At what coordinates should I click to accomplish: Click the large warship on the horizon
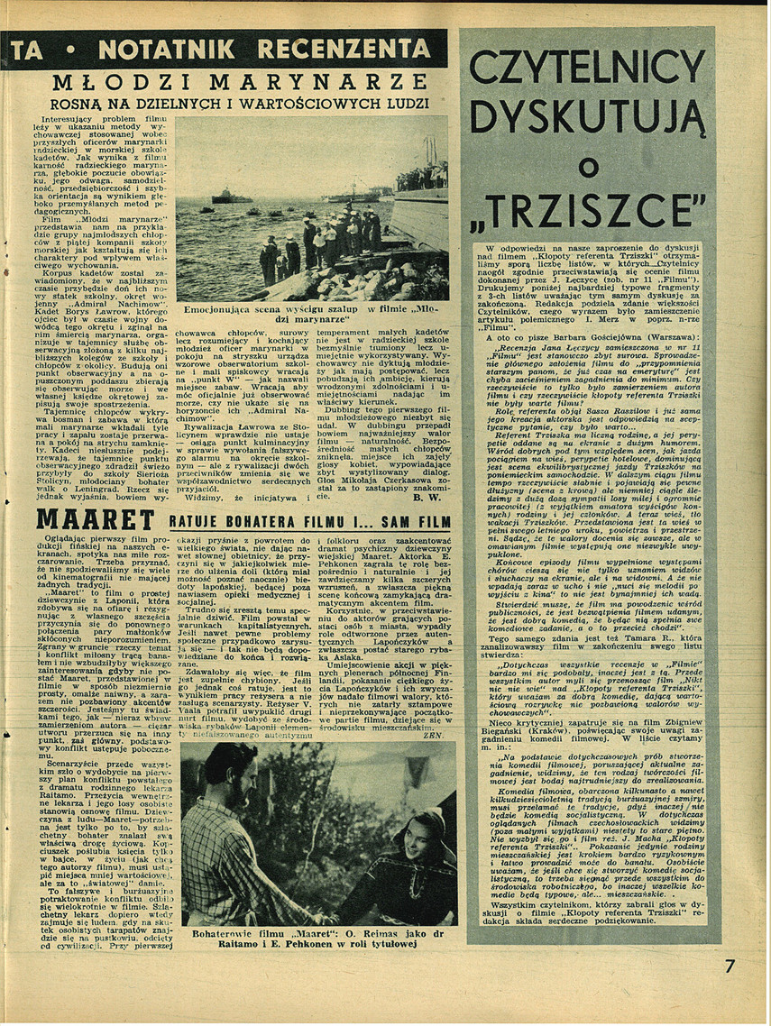(x=227, y=196)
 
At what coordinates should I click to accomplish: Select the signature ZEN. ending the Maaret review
(x=435, y=710)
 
